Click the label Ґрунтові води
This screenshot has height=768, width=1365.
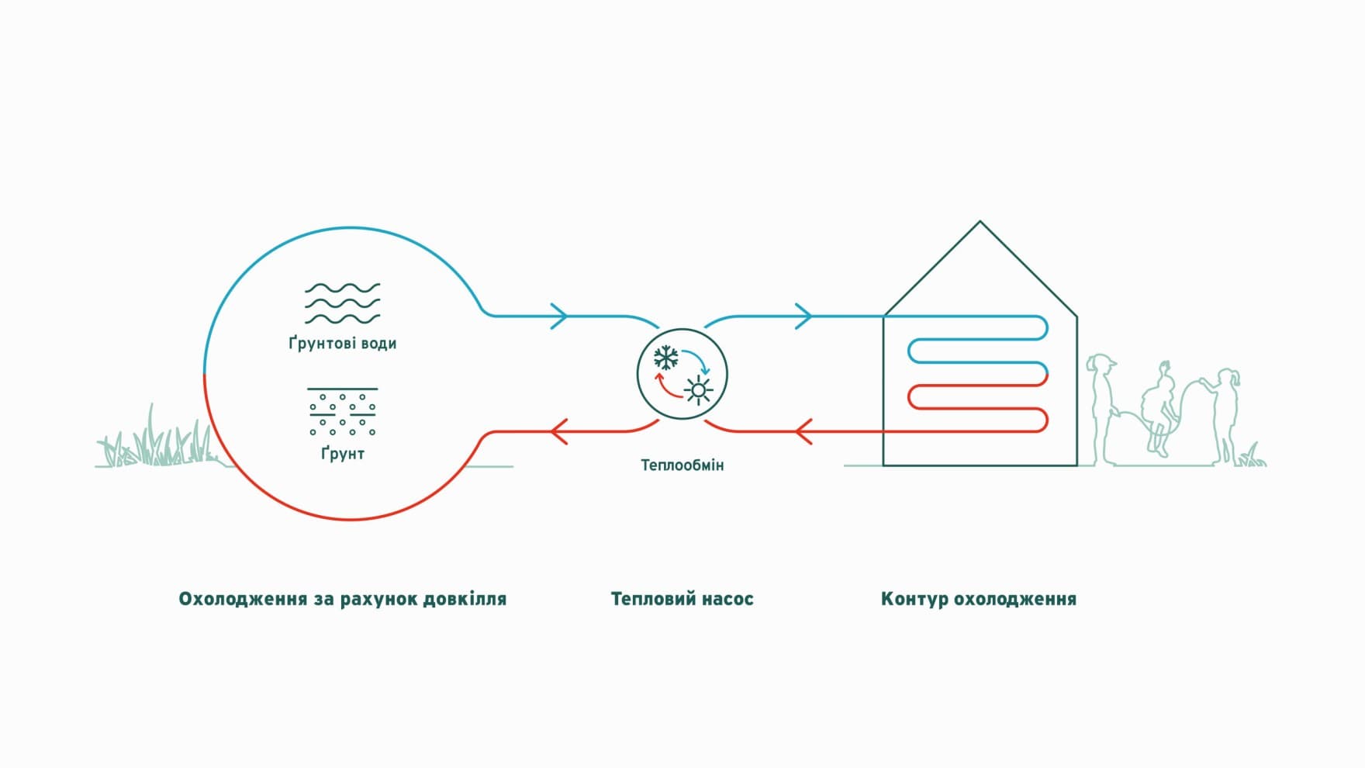[x=342, y=343]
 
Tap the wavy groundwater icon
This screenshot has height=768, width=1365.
[x=342, y=303]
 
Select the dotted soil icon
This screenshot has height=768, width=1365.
[x=342, y=412]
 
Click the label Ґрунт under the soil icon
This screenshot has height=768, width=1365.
[x=342, y=453]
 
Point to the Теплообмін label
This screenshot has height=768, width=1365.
[x=682, y=465]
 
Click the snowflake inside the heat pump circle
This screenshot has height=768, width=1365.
[x=666, y=358]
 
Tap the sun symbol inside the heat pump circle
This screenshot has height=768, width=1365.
[x=699, y=390]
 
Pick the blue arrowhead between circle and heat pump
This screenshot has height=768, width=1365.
[x=559, y=316]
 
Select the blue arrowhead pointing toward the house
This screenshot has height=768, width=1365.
[x=803, y=316]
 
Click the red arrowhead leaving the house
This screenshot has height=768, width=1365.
[x=804, y=431]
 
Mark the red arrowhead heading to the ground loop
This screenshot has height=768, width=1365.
[x=559, y=431]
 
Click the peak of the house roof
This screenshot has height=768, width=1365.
[x=980, y=222]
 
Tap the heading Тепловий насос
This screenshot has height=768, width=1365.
[x=682, y=599]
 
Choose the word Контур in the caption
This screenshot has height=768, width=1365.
[x=913, y=599]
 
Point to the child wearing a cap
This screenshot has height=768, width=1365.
[x=1101, y=407]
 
